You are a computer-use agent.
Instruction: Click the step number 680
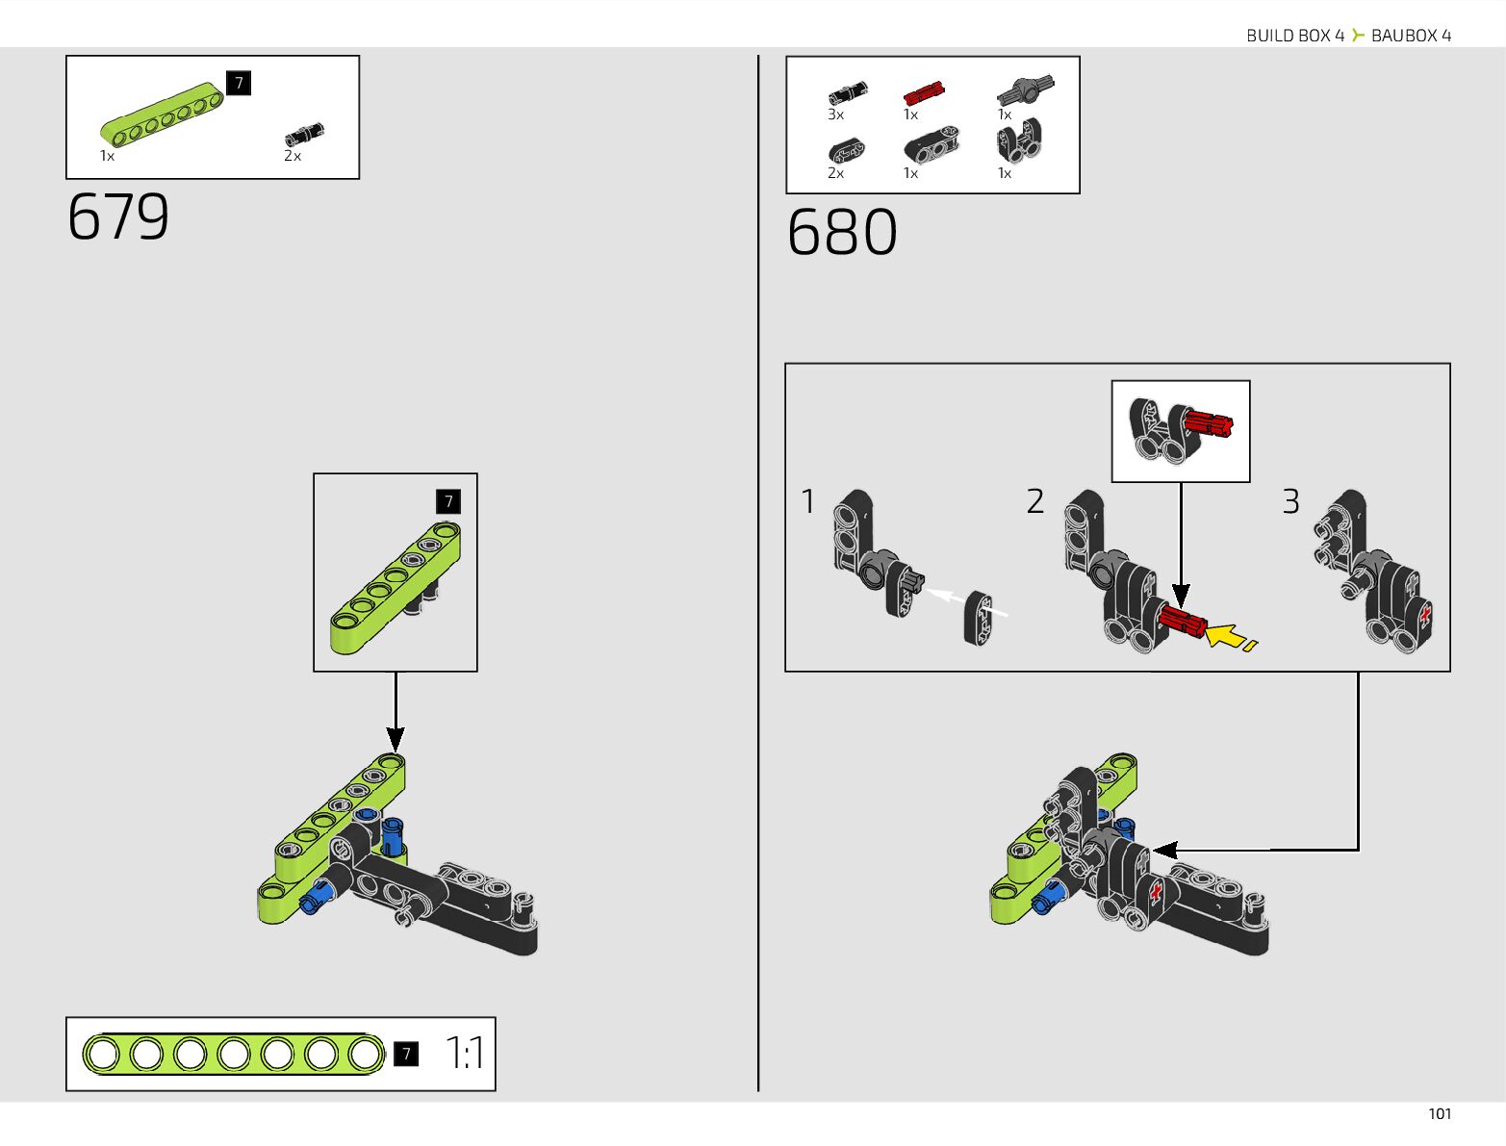[x=842, y=233]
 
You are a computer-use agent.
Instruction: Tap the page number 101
[x=1439, y=1113]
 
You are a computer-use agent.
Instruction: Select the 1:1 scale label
[x=466, y=1054]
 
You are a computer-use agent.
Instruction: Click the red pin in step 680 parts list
[x=923, y=93]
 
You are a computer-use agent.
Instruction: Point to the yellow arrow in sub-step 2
[x=1225, y=635]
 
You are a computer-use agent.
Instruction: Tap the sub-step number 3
[x=1290, y=501]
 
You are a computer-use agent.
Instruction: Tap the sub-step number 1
[x=808, y=501]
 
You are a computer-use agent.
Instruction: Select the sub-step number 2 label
[x=1034, y=501]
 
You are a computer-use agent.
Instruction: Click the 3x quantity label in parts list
[x=835, y=115]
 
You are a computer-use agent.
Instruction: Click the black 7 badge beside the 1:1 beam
[x=406, y=1055]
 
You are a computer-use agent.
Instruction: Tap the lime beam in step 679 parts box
[x=162, y=114]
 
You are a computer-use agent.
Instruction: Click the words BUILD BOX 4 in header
[x=1294, y=36]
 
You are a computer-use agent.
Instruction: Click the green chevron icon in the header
[x=1358, y=36]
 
